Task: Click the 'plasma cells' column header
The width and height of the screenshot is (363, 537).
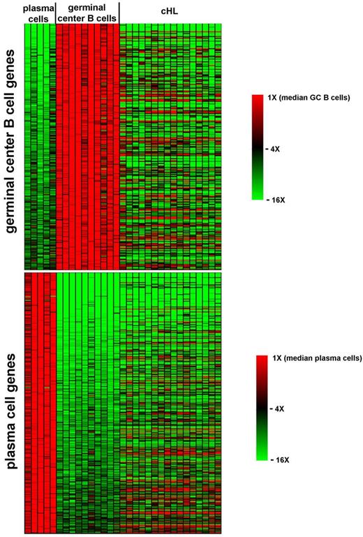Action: click(x=39, y=12)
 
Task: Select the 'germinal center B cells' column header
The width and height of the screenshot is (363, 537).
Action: click(x=87, y=12)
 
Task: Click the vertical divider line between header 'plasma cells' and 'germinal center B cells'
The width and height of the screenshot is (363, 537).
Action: click(x=55, y=12)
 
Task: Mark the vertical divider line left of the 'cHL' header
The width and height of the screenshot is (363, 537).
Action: click(x=119, y=12)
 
